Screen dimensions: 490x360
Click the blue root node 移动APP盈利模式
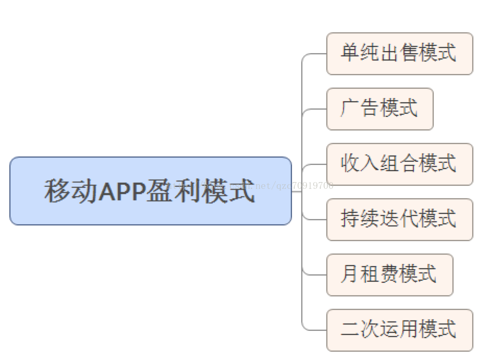coord(150,191)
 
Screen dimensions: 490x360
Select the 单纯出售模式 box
coord(399,54)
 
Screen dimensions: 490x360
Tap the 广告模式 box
coord(379,109)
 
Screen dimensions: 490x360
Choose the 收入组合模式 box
coord(399,164)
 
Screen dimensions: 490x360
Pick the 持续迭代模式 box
coord(399,220)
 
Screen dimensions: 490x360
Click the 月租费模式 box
coord(389,275)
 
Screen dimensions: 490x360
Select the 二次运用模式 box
coord(399,330)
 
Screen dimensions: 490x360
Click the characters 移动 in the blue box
coord(70,191)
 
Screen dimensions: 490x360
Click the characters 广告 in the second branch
coord(359,109)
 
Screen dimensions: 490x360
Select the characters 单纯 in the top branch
coord(359,53)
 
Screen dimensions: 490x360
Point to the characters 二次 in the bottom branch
coord(359,330)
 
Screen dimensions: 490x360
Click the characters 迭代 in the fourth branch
coord(399,219)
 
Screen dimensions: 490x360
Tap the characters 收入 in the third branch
coord(359,164)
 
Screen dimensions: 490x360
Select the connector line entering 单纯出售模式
coord(314,54)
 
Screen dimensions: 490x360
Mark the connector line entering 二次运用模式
coord(314,330)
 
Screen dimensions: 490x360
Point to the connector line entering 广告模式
coord(314,109)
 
